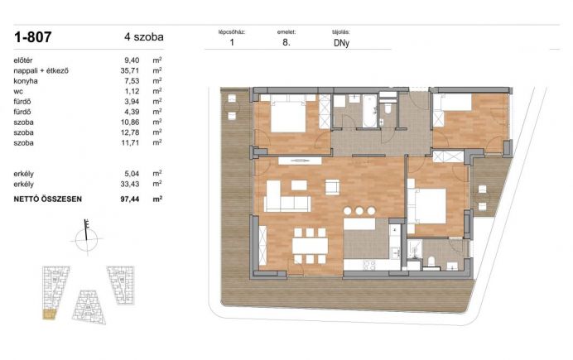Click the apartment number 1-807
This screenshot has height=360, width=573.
(x=32, y=37)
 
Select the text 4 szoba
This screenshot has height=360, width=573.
(x=143, y=37)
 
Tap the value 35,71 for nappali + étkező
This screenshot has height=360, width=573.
(x=130, y=70)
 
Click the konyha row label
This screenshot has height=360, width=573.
(x=26, y=81)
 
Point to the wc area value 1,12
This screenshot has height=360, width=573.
(x=132, y=91)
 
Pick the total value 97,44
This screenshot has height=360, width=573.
(x=130, y=199)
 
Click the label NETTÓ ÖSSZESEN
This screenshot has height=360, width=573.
(x=47, y=199)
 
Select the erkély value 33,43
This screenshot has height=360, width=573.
(x=130, y=184)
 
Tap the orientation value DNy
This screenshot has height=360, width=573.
(x=341, y=43)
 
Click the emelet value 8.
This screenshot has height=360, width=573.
(x=286, y=42)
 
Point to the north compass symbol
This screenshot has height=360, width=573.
(x=87, y=237)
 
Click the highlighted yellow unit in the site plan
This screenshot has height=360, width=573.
(x=49, y=314)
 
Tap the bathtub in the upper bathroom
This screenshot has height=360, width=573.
(x=370, y=111)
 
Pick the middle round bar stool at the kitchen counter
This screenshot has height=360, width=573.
(x=359, y=211)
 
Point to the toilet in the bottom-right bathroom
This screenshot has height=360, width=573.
(x=431, y=262)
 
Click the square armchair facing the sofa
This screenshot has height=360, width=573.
(x=333, y=187)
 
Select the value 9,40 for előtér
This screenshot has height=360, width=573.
(x=132, y=60)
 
